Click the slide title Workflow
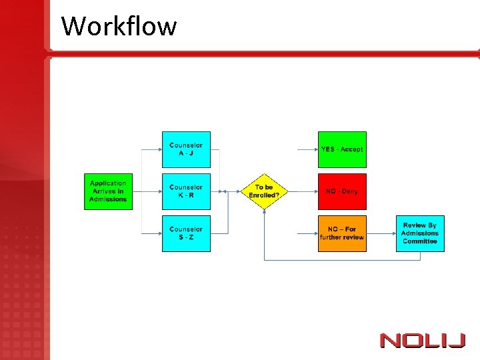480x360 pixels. [119, 27]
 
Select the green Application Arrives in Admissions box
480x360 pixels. [108, 191]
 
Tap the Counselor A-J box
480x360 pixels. [186, 149]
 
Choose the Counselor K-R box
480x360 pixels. [186, 191]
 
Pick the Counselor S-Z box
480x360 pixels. [186, 233]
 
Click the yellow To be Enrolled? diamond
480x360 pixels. [264, 191]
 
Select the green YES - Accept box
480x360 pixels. [342, 149]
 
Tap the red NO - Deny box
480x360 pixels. [342, 191]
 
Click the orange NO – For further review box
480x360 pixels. [342, 233]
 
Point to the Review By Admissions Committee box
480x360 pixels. [420, 233]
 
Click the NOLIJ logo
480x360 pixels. [423, 340]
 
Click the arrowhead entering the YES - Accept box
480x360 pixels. [315, 149]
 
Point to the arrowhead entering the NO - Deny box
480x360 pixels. [315, 191]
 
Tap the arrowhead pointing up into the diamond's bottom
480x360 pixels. [264, 211]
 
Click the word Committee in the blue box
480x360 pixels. [420, 241]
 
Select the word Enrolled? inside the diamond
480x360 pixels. [264, 195]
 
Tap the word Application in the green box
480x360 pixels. [108, 183]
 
